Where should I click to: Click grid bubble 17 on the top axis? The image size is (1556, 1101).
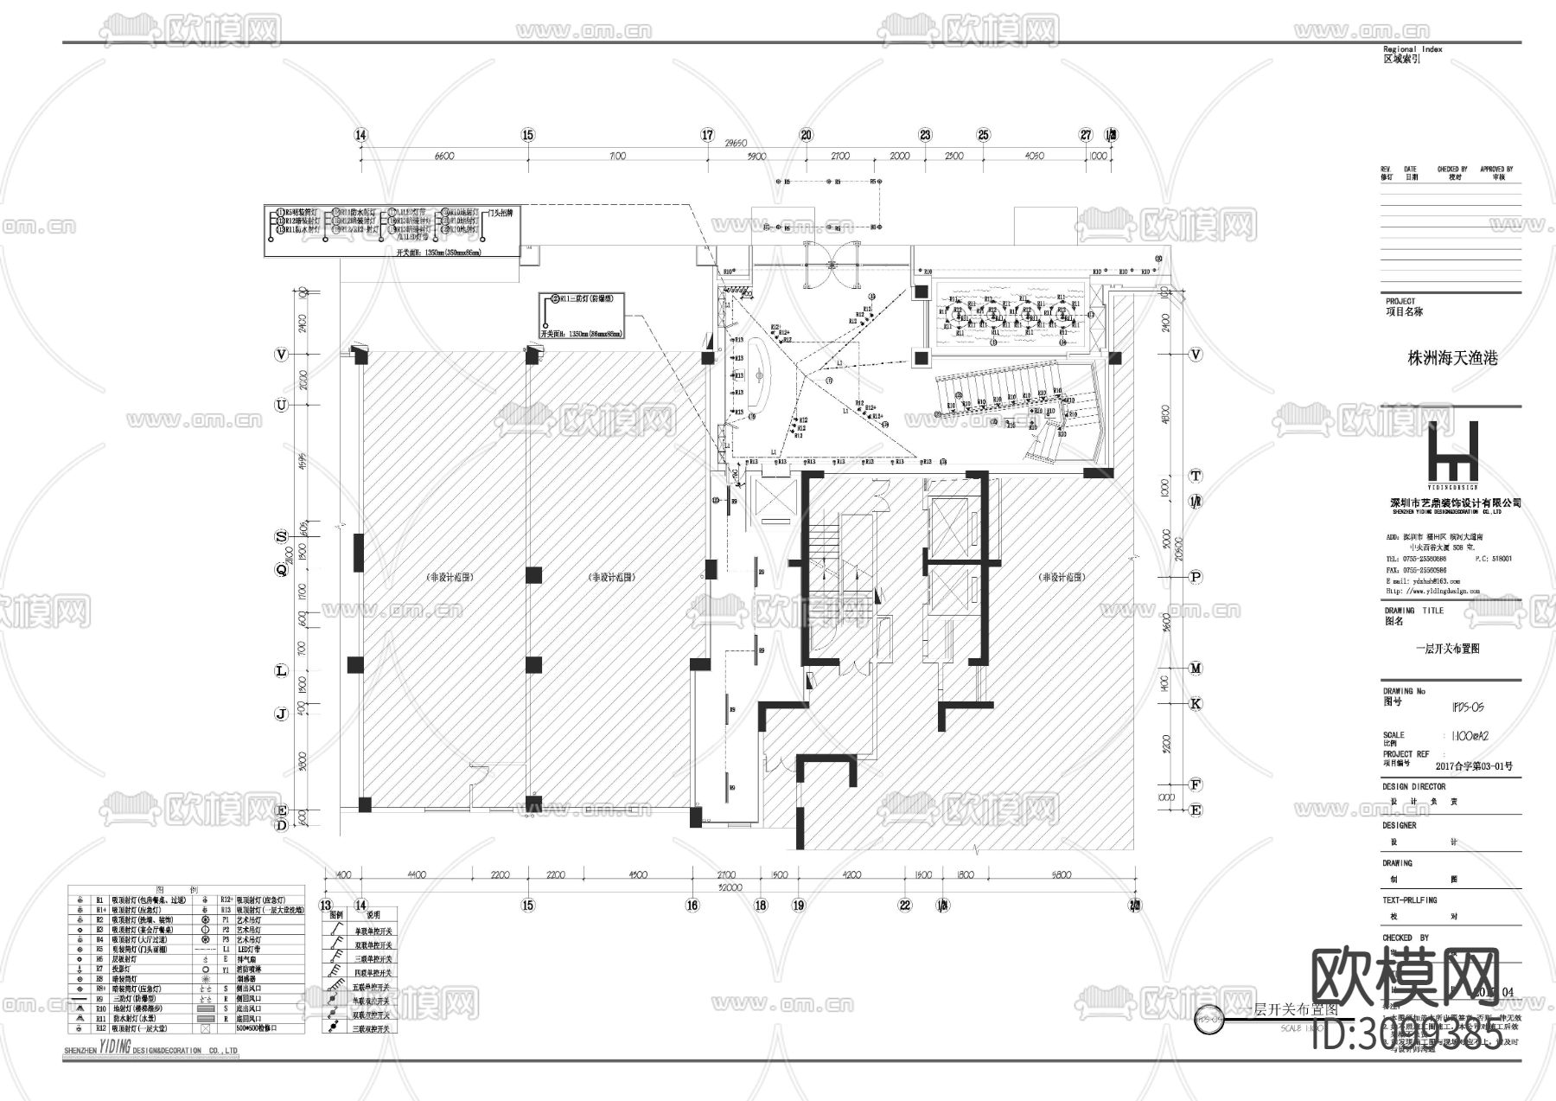click(x=707, y=135)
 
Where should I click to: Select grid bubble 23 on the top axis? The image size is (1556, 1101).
click(x=926, y=135)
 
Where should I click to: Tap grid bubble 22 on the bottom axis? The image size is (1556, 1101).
click(x=905, y=905)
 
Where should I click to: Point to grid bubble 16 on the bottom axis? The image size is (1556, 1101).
click(x=692, y=905)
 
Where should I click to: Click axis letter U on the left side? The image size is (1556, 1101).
click(x=281, y=405)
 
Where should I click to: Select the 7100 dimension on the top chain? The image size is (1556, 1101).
click(x=617, y=157)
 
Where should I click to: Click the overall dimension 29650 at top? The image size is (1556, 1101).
click(x=734, y=144)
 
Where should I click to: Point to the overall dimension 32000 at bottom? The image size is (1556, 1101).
click(x=730, y=887)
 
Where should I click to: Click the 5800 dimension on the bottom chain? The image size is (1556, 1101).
click(x=1062, y=874)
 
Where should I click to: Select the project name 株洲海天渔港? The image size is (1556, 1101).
click(x=1452, y=357)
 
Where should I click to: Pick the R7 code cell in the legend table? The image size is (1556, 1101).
click(x=99, y=969)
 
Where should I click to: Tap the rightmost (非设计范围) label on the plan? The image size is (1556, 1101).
click(x=1062, y=578)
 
